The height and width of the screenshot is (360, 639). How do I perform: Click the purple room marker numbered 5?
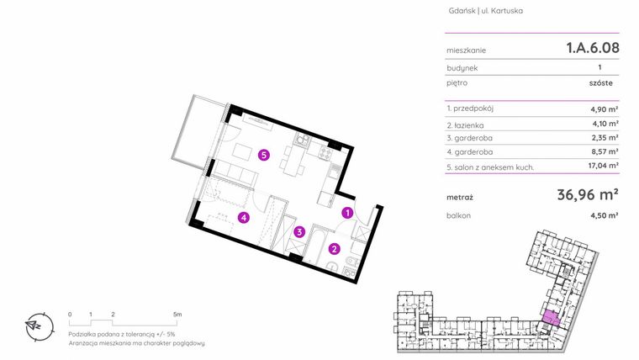point(264,155)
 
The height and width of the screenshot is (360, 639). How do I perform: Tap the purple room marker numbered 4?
point(244,218)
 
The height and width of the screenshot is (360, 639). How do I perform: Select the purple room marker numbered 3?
point(299,232)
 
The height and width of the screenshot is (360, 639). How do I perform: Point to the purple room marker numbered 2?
point(335,249)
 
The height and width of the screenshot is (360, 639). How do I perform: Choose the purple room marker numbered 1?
point(347,213)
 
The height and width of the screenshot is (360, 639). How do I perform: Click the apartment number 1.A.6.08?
point(593,48)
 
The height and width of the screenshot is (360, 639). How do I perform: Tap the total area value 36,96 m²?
point(588,195)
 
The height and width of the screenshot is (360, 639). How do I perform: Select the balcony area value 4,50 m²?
point(605,215)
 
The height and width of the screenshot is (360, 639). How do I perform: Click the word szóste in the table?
point(600,82)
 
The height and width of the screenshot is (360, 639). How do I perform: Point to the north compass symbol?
point(40,326)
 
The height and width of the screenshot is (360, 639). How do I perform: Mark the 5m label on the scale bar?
point(177,315)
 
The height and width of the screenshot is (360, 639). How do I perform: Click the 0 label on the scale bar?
point(70,315)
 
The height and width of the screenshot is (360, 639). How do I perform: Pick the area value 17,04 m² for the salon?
point(603,166)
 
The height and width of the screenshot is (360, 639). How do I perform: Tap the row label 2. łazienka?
point(465,125)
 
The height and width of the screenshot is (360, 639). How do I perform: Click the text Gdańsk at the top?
point(462,11)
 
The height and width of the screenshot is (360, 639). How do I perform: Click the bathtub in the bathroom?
point(314,245)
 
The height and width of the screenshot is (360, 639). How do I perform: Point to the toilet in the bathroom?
point(333,267)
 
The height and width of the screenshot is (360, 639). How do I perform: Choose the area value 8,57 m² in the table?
point(605,151)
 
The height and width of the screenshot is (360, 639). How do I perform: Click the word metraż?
point(460,198)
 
